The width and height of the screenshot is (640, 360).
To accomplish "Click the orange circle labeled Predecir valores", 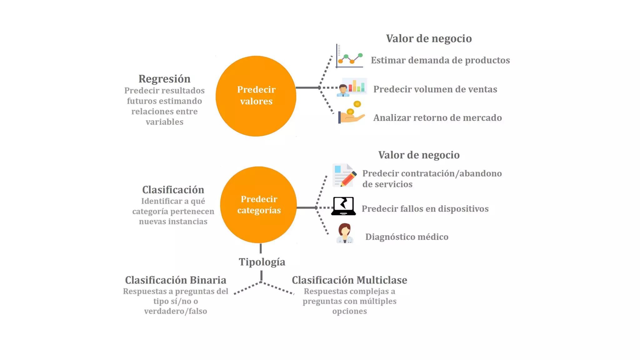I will point(256,96).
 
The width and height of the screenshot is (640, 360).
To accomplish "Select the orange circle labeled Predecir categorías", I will point(258,205).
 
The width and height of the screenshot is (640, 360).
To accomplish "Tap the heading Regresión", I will point(164,79).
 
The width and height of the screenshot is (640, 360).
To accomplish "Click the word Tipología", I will point(262,262).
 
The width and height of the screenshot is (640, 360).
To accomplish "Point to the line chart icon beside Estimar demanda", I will point(349,57).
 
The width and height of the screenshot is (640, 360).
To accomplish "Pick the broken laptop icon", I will point(343,206).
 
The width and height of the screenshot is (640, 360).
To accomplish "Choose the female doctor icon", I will point(345,233).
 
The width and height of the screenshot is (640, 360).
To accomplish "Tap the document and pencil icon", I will point(344,175).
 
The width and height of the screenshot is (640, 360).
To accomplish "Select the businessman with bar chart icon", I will point(352,87).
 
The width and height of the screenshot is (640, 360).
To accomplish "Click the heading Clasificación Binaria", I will point(176,280).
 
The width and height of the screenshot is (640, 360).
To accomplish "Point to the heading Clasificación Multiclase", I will point(349,280).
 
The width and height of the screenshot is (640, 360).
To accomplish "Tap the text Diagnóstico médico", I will point(407,237).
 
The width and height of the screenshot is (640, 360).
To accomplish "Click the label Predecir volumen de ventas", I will point(435,89).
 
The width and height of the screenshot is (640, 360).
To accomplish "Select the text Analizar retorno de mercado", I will point(437,118).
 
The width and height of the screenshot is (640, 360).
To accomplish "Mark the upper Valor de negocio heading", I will point(429,38).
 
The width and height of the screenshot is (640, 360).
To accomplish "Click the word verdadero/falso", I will point(176,311).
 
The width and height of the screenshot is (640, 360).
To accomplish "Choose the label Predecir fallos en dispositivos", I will point(425,209).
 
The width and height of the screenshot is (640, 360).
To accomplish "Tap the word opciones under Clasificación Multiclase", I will point(349,311).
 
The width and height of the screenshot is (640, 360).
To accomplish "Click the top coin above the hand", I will point(357,104).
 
